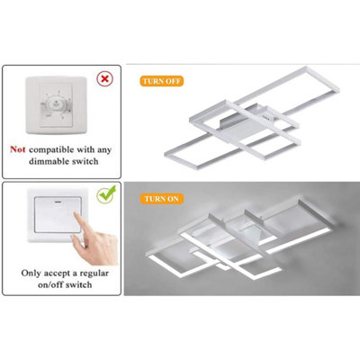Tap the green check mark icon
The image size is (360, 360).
click(x=106, y=193)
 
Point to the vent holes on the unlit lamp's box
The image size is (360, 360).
click(x=265, y=117)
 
